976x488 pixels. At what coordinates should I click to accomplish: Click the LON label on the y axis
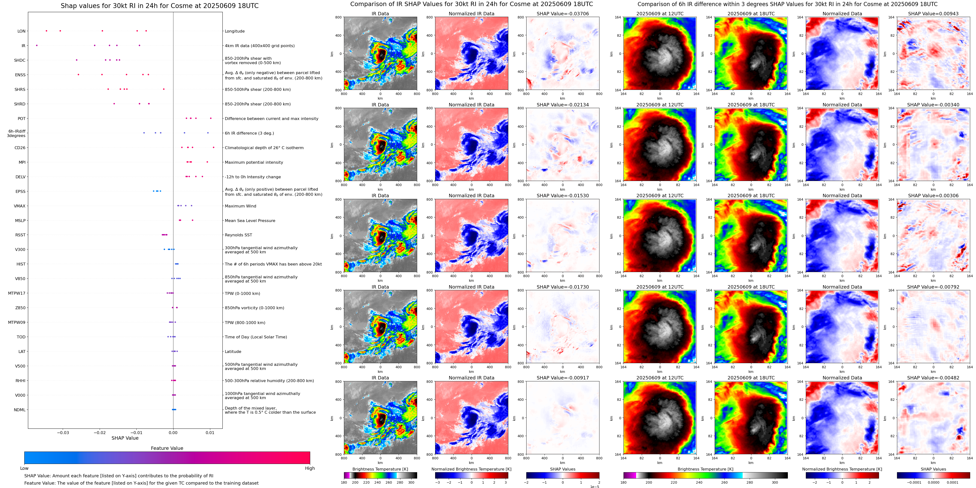(x=21, y=31)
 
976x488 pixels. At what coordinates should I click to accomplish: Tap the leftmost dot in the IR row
(x=37, y=45)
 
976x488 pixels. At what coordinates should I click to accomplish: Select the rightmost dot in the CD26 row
(x=214, y=147)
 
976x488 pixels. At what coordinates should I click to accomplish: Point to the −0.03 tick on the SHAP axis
(x=63, y=432)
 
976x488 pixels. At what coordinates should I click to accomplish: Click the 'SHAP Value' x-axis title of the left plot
(x=125, y=438)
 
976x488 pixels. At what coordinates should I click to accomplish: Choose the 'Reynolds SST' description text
(x=238, y=235)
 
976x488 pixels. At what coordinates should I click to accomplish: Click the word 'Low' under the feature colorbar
(x=24, y=468)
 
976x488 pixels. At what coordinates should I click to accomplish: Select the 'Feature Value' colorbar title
(x=167, y=448)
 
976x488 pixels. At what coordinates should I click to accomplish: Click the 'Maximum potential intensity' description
(x=254, y=163)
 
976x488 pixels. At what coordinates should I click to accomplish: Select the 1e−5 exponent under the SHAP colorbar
(x=594, y=487)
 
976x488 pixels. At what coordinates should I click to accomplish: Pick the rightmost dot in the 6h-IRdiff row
(x=208, y=133)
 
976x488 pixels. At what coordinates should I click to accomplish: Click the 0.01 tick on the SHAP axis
(x=210, y=432)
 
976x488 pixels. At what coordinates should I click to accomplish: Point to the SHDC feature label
(x=20, y=60)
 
